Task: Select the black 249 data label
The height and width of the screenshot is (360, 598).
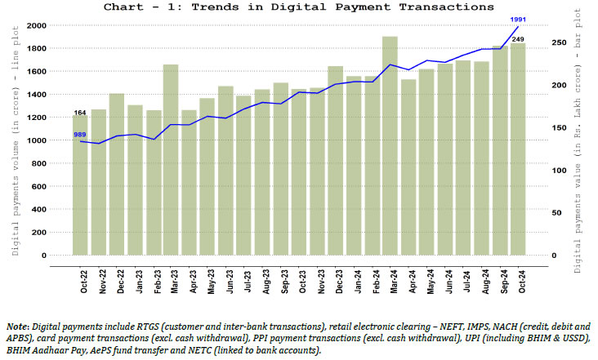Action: point(519,39)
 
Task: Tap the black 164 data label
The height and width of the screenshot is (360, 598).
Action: point(80,113)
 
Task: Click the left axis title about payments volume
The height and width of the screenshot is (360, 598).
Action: point(16,140)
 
